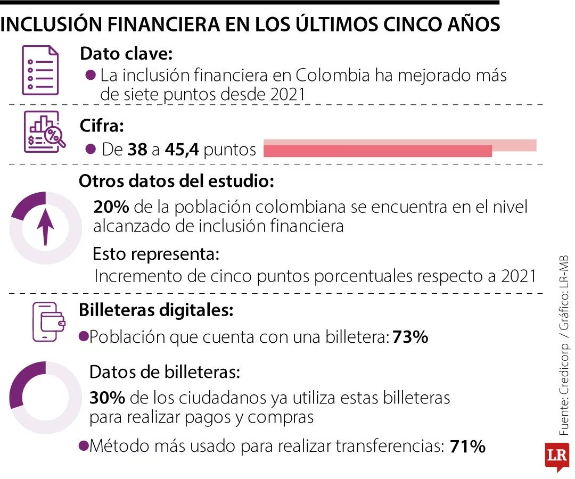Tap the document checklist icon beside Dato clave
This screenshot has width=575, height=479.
tap(40, 70)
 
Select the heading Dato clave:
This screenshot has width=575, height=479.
tap(126, 54)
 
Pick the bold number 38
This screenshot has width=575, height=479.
tap(137, 150)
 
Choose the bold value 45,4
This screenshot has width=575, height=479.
tap(182, 150)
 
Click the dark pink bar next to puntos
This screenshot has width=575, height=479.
tap(377, 151)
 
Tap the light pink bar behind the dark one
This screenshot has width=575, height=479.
tap(514, 145)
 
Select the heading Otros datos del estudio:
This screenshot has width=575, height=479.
tap(176, 181)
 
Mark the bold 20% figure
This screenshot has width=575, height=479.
tap(109, 207)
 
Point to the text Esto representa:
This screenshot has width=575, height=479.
tap(156, 254)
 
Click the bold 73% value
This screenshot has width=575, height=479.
tap(410, 337)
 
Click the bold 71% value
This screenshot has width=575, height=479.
tap(467, 446)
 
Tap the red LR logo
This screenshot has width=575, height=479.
tap(557, 455)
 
